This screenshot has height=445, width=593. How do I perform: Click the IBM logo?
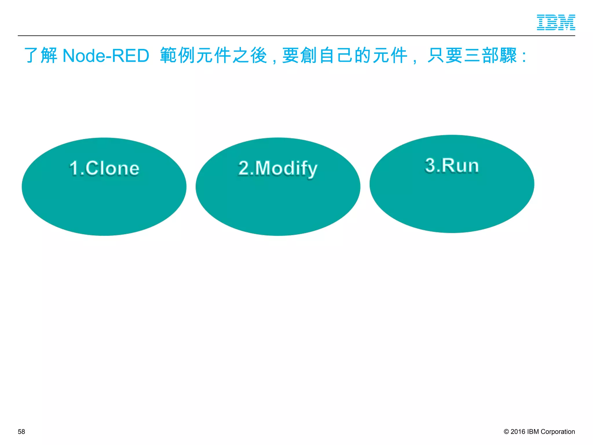coord(556,22)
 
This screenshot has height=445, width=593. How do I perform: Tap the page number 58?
coord(21,432)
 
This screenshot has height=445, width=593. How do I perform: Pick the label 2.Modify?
coord(278,168)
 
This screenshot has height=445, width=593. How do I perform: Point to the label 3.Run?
coord(452,165)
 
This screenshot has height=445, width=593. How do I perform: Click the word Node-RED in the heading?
coord(106,56)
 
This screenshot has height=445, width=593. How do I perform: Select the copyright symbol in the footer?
coord(506,432)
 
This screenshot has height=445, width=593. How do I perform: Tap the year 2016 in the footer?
coord(518,432)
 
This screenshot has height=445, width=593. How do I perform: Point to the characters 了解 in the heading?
coord(41,55)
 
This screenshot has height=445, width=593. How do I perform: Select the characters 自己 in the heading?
coord(336,55)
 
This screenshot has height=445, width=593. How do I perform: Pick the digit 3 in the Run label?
coord(430,165)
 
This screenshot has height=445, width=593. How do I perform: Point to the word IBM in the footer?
coord(533,432)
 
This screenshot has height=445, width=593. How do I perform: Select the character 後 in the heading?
coord(259,55)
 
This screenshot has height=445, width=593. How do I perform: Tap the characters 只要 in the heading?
coord(445,55)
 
